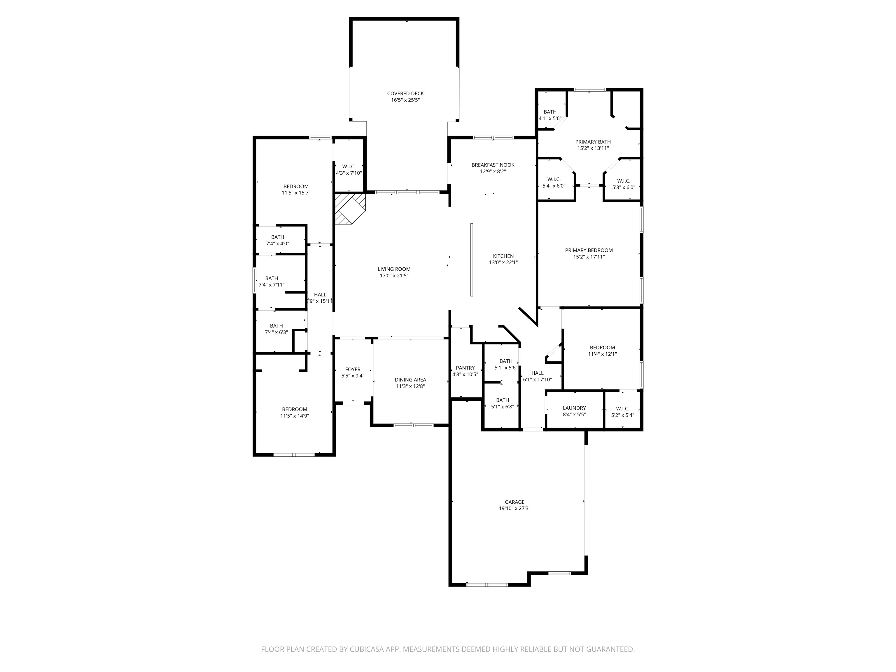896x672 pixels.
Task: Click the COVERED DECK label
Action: pyautogui.click(x=405, y=94)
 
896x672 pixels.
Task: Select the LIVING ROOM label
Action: pyautogui.click(x=394, y=269)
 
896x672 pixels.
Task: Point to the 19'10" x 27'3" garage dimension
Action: pyautogui.click(x=514, y=508)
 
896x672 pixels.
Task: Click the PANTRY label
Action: pyautogui.click(x=465, y=368)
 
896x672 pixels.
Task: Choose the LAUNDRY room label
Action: pyautogui.click(x=574, y=408)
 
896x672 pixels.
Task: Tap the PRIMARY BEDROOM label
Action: pyautogui.click(x=589, y=250)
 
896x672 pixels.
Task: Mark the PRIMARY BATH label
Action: pyautogui.click(x=593, y=142)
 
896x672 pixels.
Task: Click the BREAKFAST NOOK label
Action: pyautogui.click(x=493, y=165)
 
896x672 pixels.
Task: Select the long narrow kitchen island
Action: pyautogui.click(x=472, y=260)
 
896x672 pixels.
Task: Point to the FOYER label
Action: pyautogui.click(x=353, y=370)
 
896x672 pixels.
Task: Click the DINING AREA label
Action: pyautogui.click(x=410, y=379)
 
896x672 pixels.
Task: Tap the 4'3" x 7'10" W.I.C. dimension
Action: pyautogui.click(x=349, y=173)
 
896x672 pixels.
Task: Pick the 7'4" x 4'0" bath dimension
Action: pyautogui.click(x=277, y=244)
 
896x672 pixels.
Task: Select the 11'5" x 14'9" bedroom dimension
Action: pyautogui.click(x=295, y=416)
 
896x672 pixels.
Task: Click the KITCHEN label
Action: pyautogui.click(x=503, y=256)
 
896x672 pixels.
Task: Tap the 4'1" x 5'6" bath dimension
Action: pyautogui.click(x=550, y=118)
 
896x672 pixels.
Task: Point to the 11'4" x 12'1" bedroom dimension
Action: pyautogui.click(x=602, y=353)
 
